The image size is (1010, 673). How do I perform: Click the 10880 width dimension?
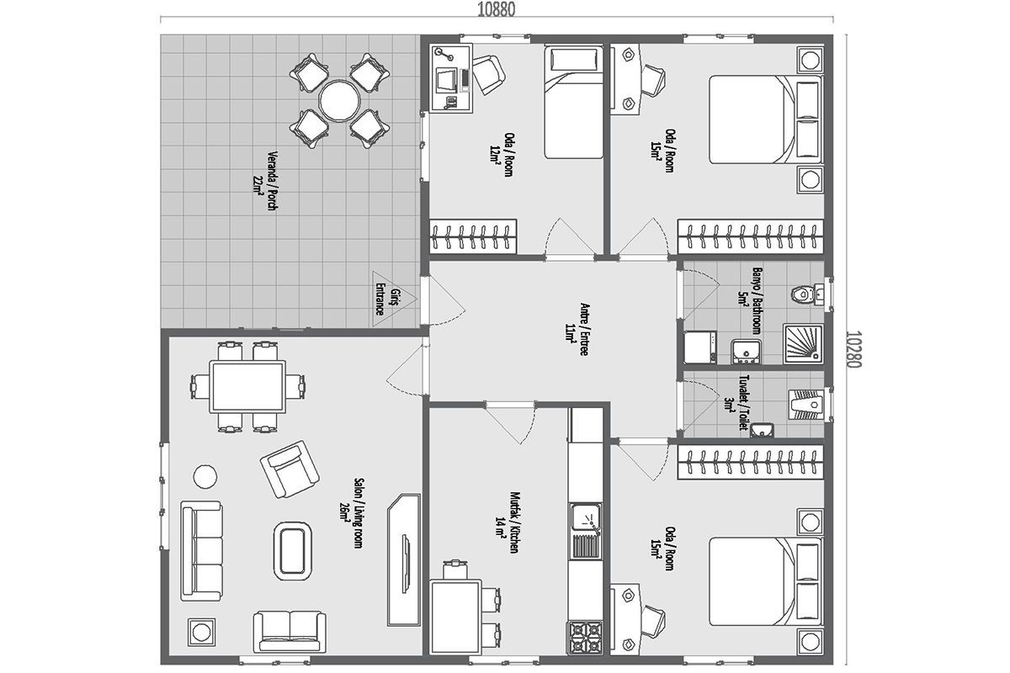click(x=496, y=10)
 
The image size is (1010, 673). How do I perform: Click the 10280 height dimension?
click(x=853, y=349)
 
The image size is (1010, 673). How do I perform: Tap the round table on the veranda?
click(x=340, y=100)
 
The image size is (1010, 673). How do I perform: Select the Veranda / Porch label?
click(x=266, y=180)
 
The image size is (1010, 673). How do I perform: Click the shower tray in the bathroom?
click(x=804, y=343)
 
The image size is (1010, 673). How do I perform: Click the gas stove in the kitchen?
click(x=586, y=638)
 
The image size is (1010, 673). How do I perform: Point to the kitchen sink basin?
click(x=585, y=517)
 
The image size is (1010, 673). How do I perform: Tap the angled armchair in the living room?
click(x=290, y=469)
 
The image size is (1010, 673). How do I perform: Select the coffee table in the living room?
click(x=293, y=551)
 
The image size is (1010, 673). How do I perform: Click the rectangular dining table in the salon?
click(x=247, y=387)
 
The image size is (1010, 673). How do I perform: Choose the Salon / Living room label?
click(x=352, y=513)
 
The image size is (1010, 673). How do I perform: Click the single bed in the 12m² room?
click(x=573, y=102)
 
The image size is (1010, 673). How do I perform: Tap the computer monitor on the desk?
click(x=446, y=81)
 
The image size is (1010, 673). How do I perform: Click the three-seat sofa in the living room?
click(x=201, y=551)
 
